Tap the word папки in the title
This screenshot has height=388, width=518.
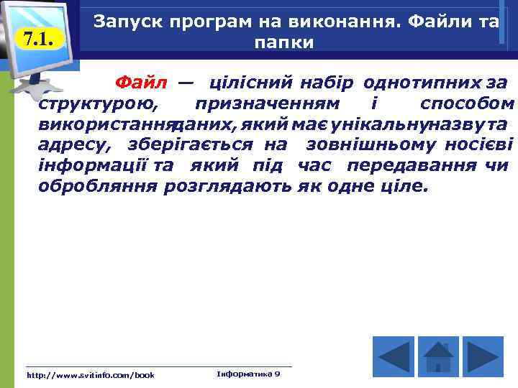click(284, 42)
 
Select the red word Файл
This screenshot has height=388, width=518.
click(142, 83)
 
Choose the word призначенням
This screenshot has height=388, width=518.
click(272, 104)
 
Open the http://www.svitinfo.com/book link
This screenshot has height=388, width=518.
click(91, 375)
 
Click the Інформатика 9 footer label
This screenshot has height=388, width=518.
click(248, 374)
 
